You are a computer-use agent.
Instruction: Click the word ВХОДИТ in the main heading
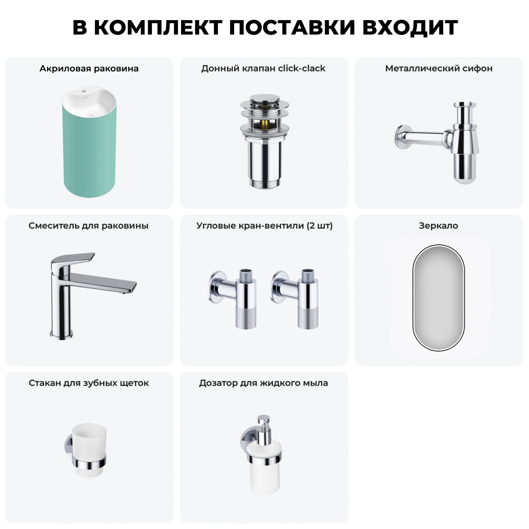410,28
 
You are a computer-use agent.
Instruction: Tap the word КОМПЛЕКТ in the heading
158,28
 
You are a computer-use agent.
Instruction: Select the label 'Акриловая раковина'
89,68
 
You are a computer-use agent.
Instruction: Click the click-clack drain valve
264,141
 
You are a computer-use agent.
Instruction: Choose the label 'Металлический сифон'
439,68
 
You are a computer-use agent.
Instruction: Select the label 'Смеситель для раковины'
89,226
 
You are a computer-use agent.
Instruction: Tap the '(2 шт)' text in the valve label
320,226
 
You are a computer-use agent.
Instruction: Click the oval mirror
439,297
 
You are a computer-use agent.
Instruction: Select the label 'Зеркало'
438,226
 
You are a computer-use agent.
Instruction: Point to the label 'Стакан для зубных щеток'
89,383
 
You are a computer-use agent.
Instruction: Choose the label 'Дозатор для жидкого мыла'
263,383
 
